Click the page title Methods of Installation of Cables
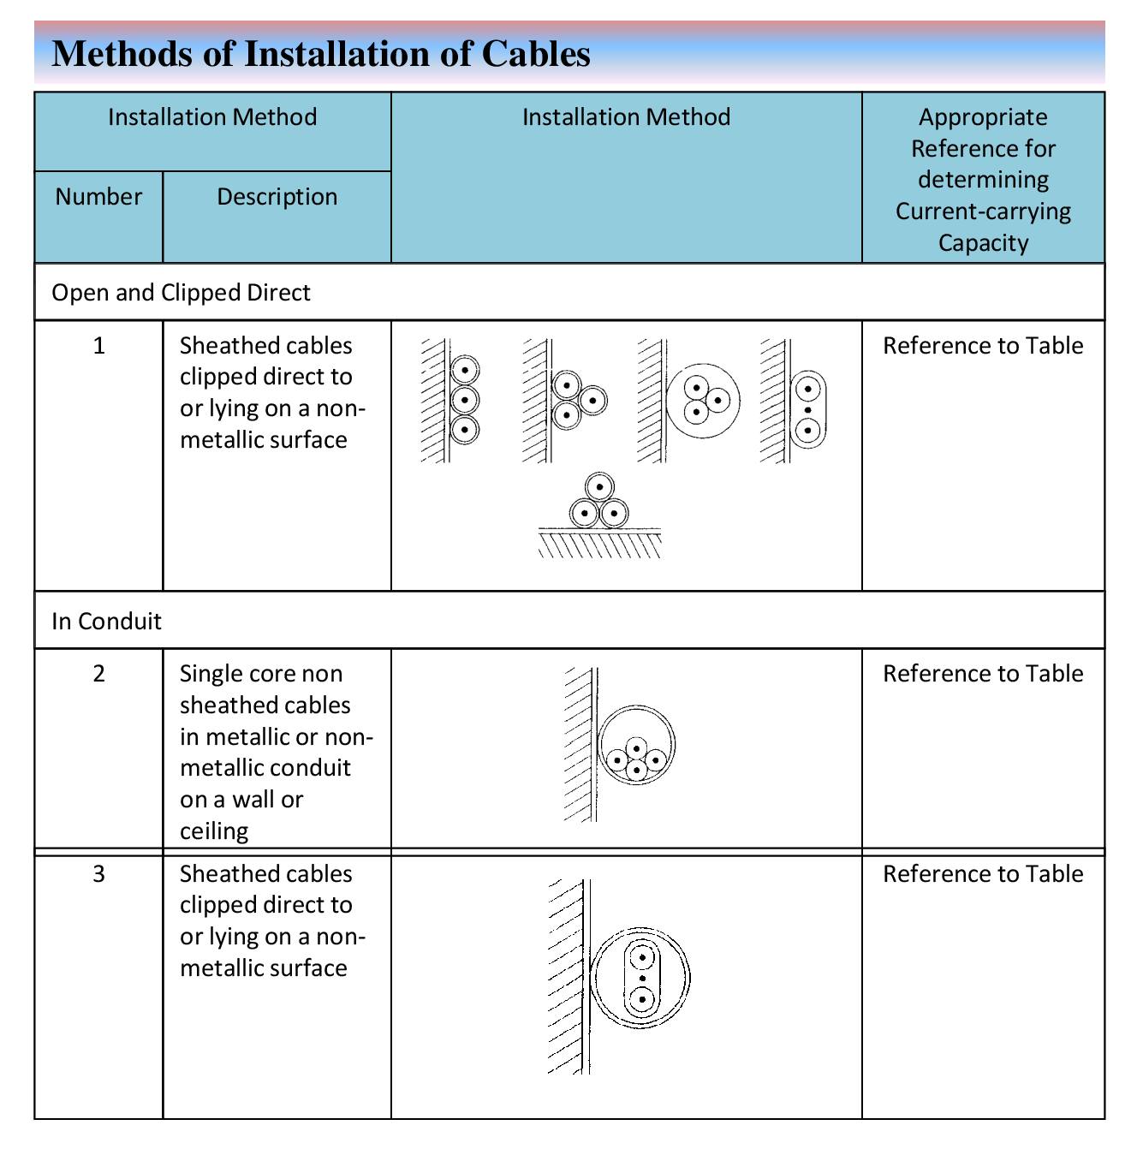321,54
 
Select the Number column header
98,197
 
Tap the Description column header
277,197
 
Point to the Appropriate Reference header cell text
983,180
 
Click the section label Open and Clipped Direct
181,293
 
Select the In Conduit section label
107,621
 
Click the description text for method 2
277,753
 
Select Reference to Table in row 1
983,346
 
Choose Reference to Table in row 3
983,874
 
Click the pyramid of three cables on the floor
598,501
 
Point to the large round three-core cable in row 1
703,401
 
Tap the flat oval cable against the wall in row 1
808,409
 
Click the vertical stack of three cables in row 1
465,400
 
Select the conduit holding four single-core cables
636,745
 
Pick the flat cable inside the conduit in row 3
642,978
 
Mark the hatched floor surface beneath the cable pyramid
599,544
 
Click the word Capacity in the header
983,243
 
